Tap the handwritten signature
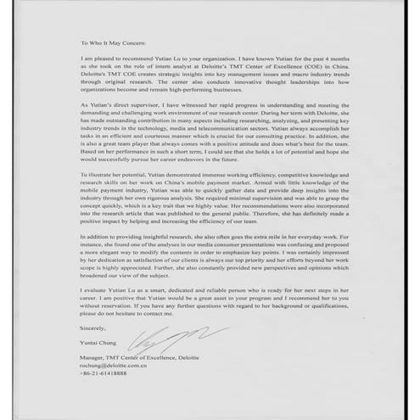(161, 340)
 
